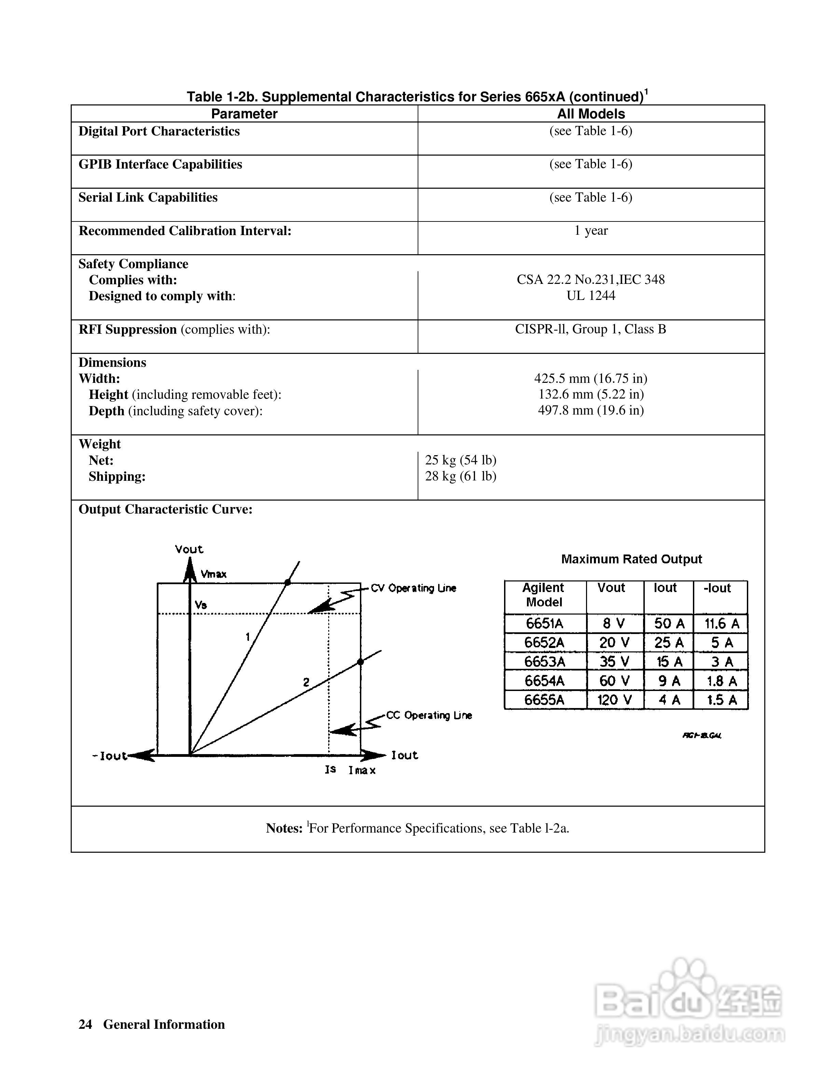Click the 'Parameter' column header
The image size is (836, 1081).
pyautogui.click(x=244, y=114)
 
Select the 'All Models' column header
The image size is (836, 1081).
pyautogui.click(x=590, y=114)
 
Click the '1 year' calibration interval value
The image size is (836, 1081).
pyautogui.click(x=590, y=231)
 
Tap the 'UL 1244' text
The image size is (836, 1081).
pyautogui.click(x=590, y=296)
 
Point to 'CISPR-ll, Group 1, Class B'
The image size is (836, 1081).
pyautogui.click(x=590, y=329)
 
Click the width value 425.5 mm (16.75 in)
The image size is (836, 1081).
pyautogui.click(x=590, y=379)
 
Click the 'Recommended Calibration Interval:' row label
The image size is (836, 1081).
pyautogui.click(x=185, y=231)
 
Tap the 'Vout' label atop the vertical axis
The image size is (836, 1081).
pyautogui.click(x=189, y=549)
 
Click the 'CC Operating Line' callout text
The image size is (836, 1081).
pyautogui.click(x=429, y=715)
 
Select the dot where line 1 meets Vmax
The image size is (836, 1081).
pyautogui.click(x=287, y=582)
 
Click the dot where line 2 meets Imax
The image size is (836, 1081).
pyautogui.click(x=360, y=662)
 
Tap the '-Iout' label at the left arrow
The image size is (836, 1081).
pyautogui.click(x=110, y=756)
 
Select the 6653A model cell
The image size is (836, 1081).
pyautogui.click(x=544, y=662)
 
